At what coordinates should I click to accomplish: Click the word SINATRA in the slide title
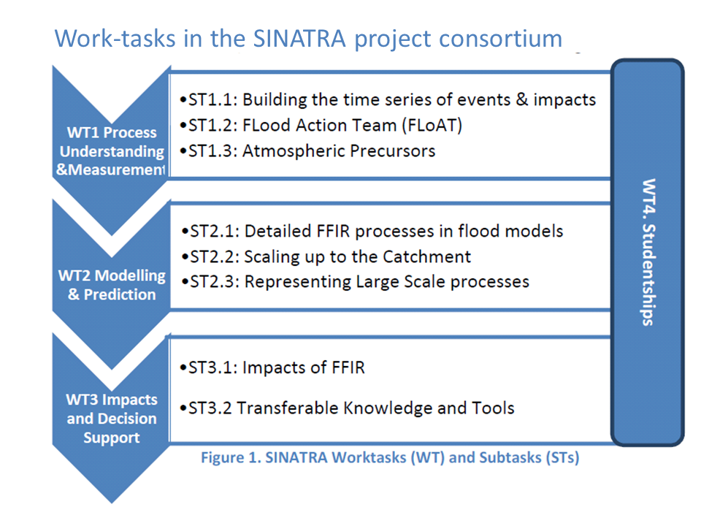[x=299, y=39]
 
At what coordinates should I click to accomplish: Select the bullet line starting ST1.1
[x=388, y=100]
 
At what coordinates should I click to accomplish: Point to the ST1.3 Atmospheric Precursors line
[x=307, y=151]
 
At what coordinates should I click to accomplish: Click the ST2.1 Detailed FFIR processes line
[x=372, y=232]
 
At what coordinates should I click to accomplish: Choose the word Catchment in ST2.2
[x=426, y=256]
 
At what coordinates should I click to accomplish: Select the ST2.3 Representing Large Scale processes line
[x=355, y=282]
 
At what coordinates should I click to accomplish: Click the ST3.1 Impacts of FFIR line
[x=272, y=367]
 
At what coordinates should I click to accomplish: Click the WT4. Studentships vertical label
[x=648, y=252]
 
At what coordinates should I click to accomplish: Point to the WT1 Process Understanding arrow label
[x=111, y=151]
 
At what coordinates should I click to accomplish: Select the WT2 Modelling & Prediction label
[x=112, y=285]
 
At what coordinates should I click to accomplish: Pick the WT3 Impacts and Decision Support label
[x=112, y=419]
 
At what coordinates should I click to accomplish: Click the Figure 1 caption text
[x=390, y=458]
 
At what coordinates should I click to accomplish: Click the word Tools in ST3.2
[x=493, y=408]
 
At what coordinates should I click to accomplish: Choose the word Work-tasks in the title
[x=115, y=39]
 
